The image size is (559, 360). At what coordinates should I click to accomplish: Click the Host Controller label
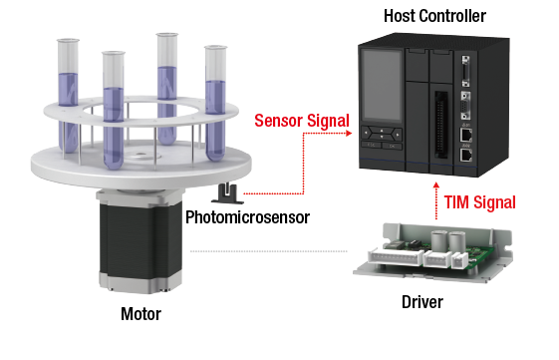[x=434, y=16]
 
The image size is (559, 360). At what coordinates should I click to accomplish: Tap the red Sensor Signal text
[x=302, y=121]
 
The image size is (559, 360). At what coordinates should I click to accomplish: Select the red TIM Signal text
[x=480, y=202]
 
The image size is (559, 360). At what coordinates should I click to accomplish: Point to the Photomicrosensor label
[x=247, y=217]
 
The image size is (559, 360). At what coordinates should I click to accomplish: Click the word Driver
[x=422, y=302]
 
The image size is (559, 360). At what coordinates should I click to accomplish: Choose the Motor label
[x=140, y=314]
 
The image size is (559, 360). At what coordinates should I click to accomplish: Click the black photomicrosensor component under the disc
[x=228, y=193]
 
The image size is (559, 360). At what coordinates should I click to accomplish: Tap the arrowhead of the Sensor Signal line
[x=349, y=133]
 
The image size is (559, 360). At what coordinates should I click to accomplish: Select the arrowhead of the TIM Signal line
[x=436, y=184]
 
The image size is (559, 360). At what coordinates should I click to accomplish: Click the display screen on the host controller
[x=381, y=86]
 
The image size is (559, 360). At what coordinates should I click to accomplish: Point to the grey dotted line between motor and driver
[x=268, y=251]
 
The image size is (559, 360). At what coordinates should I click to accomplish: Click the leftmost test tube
[x=69, y=95]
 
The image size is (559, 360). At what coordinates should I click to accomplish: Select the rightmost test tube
[x=215, y=103]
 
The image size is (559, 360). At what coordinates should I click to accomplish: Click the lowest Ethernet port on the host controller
[x=466, y=155]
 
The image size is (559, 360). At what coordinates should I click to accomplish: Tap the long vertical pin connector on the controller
[x=440, y=125]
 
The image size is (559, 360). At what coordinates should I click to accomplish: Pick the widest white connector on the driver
[x=396, y=257]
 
